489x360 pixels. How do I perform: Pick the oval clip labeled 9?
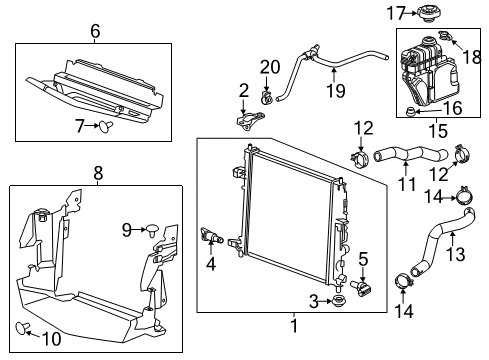[153, 229]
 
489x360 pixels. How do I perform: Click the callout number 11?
[406, 186]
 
